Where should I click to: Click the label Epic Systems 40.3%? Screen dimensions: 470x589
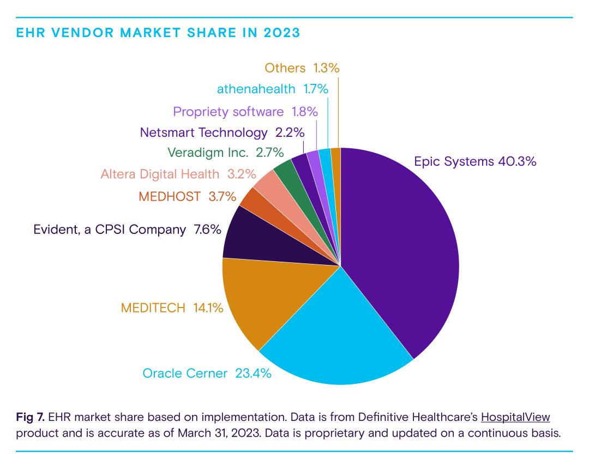475,161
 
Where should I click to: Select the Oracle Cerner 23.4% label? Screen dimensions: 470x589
207,373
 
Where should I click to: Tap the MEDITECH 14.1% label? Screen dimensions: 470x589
172,308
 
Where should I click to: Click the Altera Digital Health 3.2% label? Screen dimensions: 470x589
178,174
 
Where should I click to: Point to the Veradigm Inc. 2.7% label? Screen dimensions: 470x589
224,153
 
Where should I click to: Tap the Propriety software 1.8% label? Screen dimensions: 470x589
245,112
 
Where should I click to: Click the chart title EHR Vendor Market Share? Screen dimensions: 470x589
158,33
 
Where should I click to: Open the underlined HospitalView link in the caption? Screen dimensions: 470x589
515,418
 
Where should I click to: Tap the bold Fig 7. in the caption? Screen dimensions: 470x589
31,418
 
